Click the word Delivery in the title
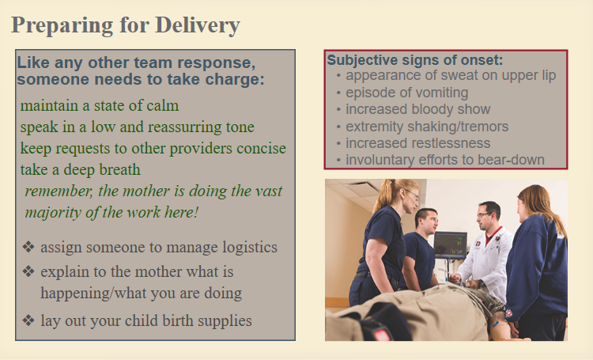tap(198, 26)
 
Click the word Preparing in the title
tap(62, 26)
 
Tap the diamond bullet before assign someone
tap(28, 247)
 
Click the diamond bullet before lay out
tap(28, 320)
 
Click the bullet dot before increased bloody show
tap(338, 110)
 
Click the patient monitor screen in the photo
tap(451, 245)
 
